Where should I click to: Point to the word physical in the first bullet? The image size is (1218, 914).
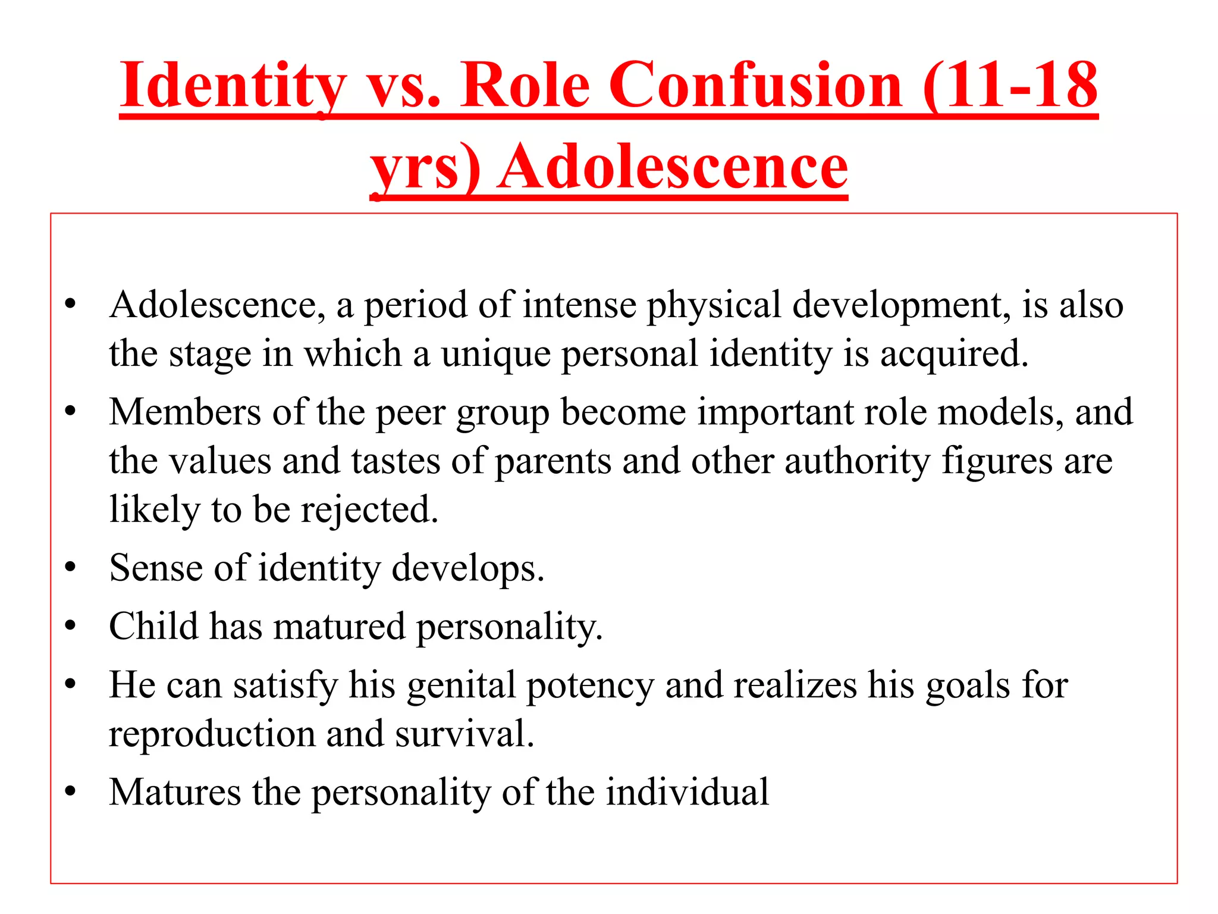[x=714, y=305]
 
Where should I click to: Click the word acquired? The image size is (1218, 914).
[x=954, y=354]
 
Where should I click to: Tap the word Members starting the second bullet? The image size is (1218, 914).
[x=185, y=412]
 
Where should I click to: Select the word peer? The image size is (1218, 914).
[x=410, y=413]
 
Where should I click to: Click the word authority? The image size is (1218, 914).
[x=857, y=462]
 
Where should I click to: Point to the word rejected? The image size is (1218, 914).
[x=369, y=511]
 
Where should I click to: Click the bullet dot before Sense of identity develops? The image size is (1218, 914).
[x=71, y=568]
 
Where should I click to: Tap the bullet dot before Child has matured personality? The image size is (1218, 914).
[x=71, y=626]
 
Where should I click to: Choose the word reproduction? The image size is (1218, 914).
[x=212, y=734]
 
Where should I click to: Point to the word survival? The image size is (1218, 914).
[x=464, y=734]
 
